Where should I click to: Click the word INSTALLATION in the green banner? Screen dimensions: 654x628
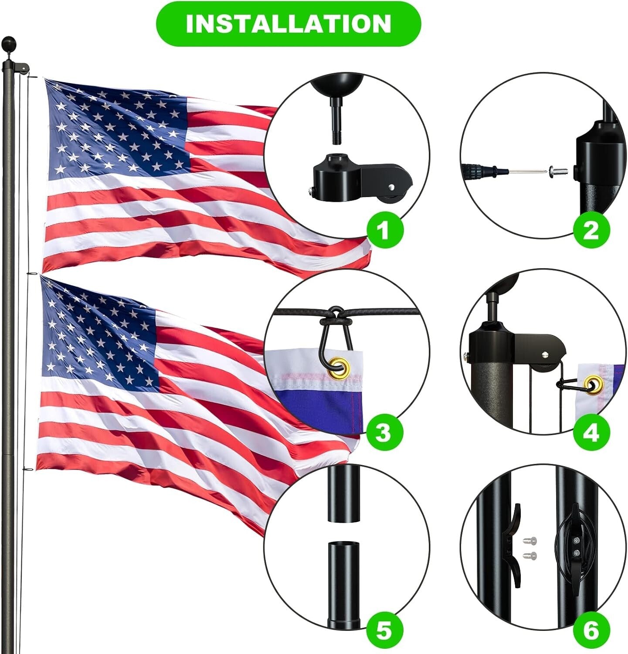pos(288,24)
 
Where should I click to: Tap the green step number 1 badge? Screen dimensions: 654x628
pos(383,229)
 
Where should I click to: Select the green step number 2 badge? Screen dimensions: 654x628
pos(590,229)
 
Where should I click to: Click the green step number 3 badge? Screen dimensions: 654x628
pos(383,433)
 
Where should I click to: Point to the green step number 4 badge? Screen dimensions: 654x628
pos(590,433)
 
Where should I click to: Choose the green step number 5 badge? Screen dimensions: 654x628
pos(383,630)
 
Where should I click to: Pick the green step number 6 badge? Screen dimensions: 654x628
pos(590,630)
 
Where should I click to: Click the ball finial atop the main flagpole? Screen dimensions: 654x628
pos(10,44)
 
